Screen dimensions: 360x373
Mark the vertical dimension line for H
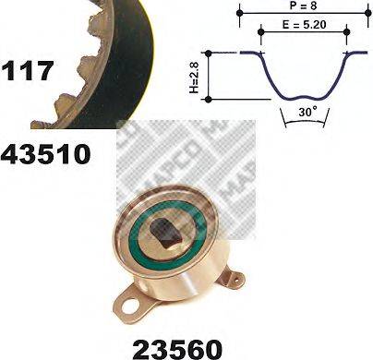click(211, 77)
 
